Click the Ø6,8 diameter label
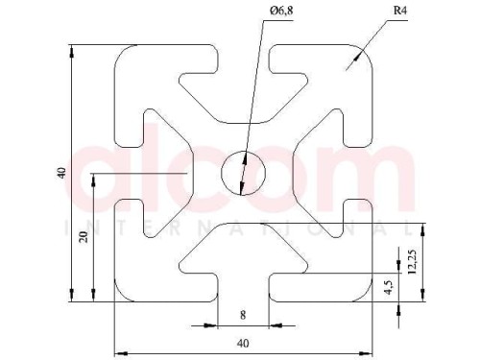coord(281,12)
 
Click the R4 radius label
coord(400,11)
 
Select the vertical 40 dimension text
coord(61,173)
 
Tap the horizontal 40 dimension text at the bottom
coord(243,344)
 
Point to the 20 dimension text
coord(84,237)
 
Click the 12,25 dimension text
coord(412,262)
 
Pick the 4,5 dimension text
coord(389,287)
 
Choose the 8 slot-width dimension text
coord(243,315)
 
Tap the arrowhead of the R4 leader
coord(358,57)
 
